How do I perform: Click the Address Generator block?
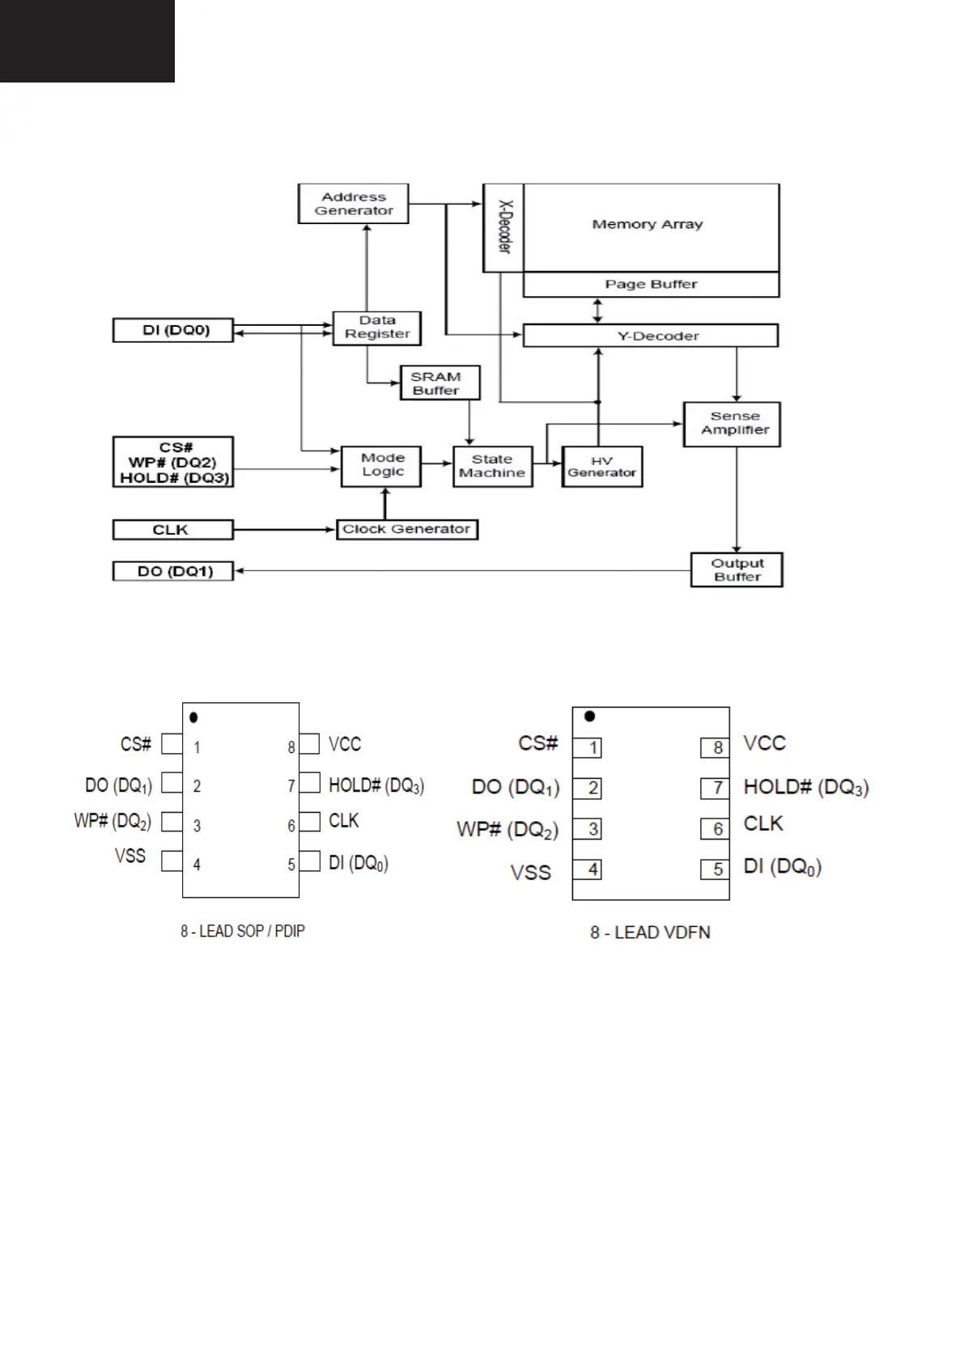point(353,204)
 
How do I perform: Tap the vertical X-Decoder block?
point(503,227)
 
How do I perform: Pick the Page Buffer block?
point(651,284)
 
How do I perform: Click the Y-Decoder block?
point(650,336)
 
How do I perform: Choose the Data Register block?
point(376,328)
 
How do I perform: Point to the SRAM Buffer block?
point(440,383)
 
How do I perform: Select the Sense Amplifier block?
point(732,425)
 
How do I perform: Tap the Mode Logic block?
point(381,467)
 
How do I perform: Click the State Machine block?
point(492,467)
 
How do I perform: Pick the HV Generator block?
point(602,467)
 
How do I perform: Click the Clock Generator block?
point(407,530)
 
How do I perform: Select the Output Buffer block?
point(737,569)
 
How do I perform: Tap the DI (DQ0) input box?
point(173,330)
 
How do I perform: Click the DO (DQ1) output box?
point(173,571)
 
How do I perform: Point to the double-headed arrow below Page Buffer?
point(597,311)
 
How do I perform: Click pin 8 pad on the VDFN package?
point(715,747)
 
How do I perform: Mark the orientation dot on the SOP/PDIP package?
point(193,717)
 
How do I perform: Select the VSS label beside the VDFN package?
point(531,873)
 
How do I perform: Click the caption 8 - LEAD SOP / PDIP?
point(242,931)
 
